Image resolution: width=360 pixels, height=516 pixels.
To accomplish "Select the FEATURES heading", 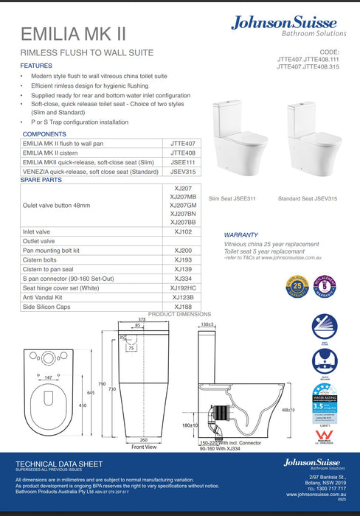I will click(x=36, y=66).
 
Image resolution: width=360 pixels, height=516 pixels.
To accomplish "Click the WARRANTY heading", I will click(x=240, y=236).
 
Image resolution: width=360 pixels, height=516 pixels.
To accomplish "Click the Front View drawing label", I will click(x=145, y=447).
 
